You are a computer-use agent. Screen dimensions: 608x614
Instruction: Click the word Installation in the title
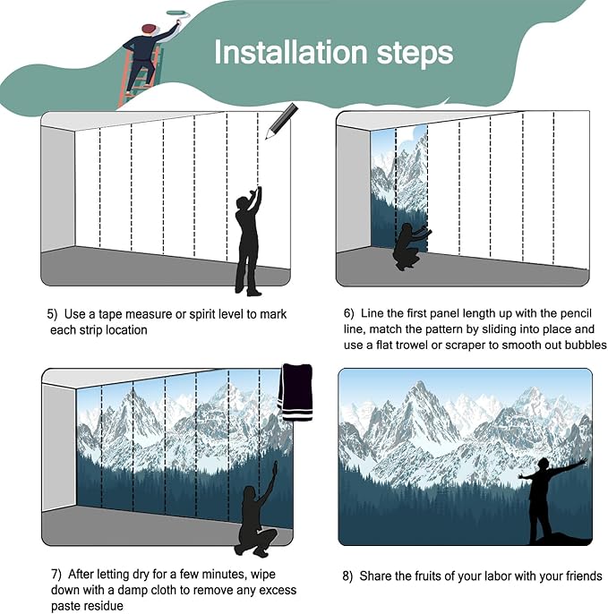(x=290, y=52)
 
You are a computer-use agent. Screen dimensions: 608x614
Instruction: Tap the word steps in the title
(x=415, y=54)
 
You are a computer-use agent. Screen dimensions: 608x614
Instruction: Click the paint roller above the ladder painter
(x=178, y=13)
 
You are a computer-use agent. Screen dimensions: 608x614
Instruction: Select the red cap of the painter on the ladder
(x=149, y=29)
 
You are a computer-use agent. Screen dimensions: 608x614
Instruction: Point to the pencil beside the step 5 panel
(x=281, y=121)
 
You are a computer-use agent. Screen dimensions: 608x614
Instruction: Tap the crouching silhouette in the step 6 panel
(x=410, y=247)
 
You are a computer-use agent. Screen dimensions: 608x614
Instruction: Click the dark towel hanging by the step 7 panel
(x=295, y=392)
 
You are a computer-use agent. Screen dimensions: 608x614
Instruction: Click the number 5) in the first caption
(x=52, y=314)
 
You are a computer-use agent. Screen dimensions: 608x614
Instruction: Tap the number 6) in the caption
(x=348, y=313)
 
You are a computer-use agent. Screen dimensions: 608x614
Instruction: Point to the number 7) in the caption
(x=56, y=575)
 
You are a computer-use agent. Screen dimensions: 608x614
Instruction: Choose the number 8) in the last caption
(x=347, y=576)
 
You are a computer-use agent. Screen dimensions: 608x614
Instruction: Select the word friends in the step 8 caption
(x=583, y=576)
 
